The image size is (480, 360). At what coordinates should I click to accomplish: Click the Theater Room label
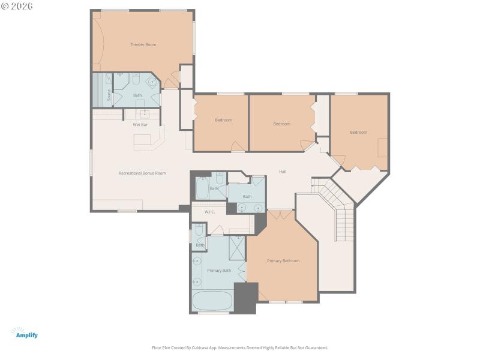pyautogui.click(x=143, y=44)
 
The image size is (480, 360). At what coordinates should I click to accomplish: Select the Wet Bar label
pyautogui.click(x=140, y=125)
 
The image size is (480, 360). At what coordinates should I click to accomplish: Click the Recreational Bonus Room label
pyautogui.click(x=142, y=173)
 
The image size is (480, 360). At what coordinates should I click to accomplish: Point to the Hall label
pyautogui.click(x=282, y=172)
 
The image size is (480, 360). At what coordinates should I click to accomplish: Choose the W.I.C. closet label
pyautogui.click(x=209, y=212)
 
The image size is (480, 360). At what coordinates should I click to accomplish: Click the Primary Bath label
pyautogui.click(x=218, y=271)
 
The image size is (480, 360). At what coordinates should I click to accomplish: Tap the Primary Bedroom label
pyautogui.click(x=283, y=260)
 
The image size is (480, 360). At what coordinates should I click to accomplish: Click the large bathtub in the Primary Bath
pyautogui.click(x=213, y=301)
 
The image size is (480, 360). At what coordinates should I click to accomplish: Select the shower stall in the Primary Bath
pyautogui.click(x=238, y=247)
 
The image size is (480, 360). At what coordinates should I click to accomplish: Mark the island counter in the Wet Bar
pyautogui.click(x=143, y=140)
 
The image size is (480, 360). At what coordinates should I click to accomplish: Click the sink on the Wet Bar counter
pyautogui.click(x=145, y=112)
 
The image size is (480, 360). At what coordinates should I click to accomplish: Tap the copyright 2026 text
pyautogui.click(x=17, y=6)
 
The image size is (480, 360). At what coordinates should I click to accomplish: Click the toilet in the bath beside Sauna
pyautogui.click(x=136, y=79)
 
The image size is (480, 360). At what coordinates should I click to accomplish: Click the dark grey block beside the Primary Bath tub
pyautogui.click(x=245, y=298)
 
